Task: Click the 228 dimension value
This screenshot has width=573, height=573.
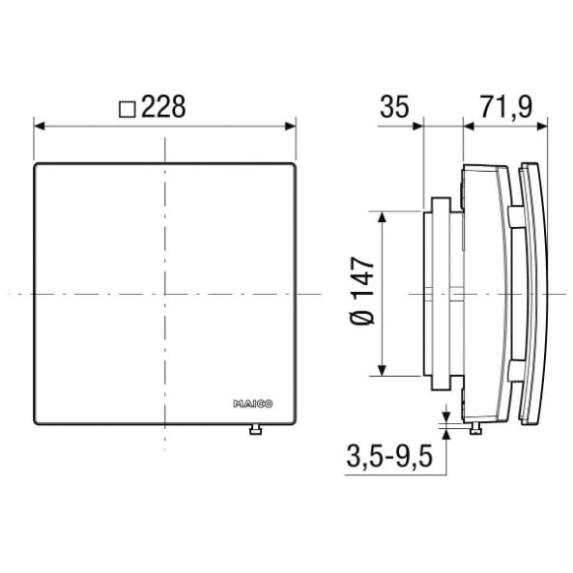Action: [x=163, y=106]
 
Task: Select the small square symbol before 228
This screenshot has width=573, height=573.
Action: [x=128, y=109]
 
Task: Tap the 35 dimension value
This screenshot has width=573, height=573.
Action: [x=394, y=106]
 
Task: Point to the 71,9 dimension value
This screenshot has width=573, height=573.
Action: [x=506, y=107]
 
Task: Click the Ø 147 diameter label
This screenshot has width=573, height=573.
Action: [x=362, y=291]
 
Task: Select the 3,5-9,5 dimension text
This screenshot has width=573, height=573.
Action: [x=389, y=456]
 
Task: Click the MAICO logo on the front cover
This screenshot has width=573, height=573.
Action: [x=253, y=404]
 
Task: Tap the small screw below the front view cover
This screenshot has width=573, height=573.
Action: [x=255, y=429]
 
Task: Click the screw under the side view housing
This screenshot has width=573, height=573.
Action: [x=475, y=429]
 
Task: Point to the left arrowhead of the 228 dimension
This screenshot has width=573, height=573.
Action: [x=39, y=126]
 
